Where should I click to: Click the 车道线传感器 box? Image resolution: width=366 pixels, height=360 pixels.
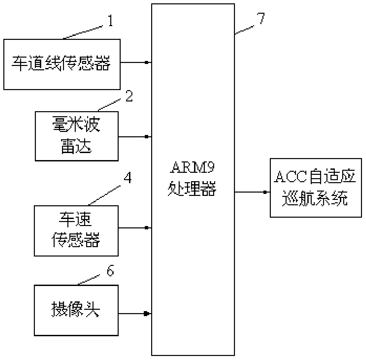coord(62,64)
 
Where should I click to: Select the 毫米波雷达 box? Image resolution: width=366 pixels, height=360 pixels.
coord(77,136)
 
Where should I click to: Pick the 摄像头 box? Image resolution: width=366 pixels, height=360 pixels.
coord(76,310)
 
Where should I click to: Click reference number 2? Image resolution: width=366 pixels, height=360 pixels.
coord(129,96)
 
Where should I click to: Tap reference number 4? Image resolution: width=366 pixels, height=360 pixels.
coord(127,178)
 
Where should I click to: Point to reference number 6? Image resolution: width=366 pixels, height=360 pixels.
coord(110,271)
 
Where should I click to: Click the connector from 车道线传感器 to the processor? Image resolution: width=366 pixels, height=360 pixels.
coord(135,62)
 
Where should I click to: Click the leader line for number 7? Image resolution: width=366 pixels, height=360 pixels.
coord(245,29)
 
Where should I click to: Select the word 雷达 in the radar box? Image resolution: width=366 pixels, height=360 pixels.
coord(76,147)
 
